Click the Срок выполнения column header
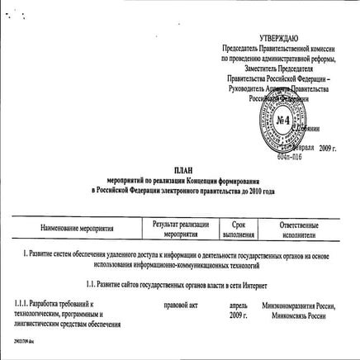pos(239,227)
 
